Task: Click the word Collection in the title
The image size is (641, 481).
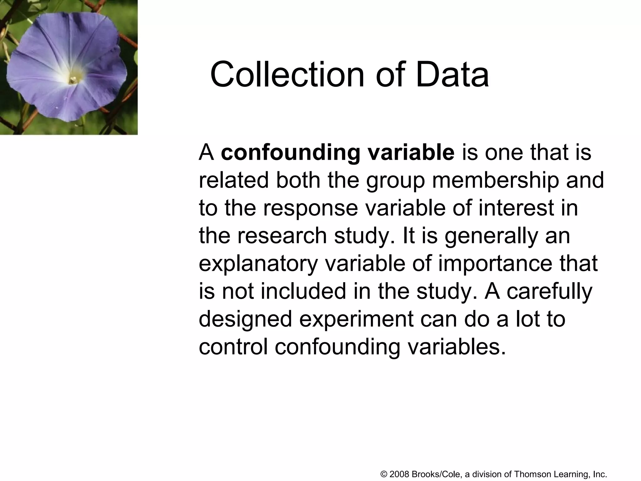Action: pyautogui.click(x=287, y=75)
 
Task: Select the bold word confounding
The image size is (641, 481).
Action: pyautogui.click(x=290, y=153)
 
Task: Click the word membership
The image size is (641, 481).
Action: pyautogui.click(x=495, y=181)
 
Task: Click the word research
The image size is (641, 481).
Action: pyautogui.click(x=282, y=236)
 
